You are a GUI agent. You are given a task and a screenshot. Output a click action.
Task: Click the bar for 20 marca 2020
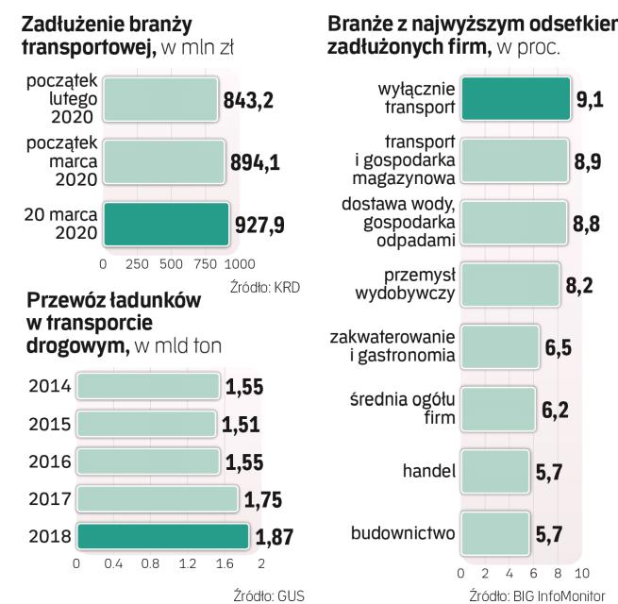click(x=165, y=225)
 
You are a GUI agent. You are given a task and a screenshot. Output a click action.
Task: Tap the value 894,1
click(x=254, y=162)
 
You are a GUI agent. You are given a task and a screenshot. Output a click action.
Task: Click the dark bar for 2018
click(x=163, y=536)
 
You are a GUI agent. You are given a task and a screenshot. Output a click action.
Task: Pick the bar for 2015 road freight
click(x=146, y=423)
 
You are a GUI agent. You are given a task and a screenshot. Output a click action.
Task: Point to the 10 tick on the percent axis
click(x=581, y=573)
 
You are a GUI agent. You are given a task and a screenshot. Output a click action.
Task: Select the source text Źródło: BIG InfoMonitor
click(x=542, y=595)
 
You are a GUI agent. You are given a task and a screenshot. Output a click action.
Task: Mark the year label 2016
click(x=49, y=461)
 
